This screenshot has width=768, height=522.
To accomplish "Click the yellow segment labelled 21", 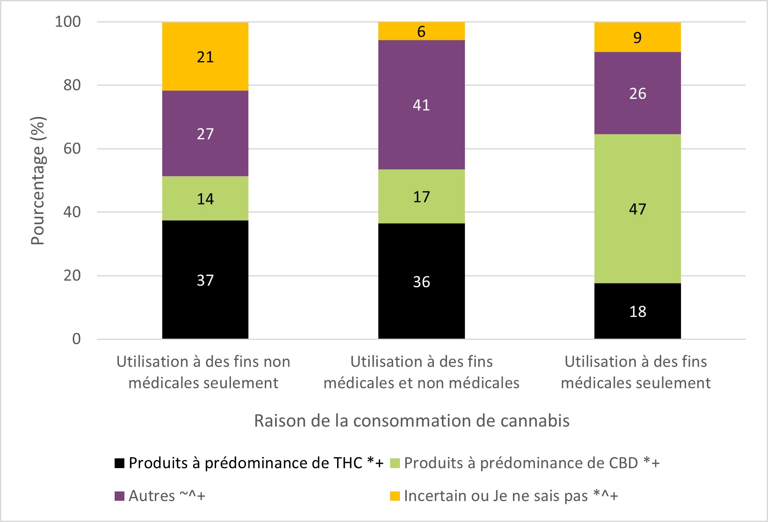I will (x=205, y=56).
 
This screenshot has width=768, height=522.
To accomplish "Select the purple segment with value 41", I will (x=421, y=105).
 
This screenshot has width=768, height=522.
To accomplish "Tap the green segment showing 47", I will (x=637, y=209).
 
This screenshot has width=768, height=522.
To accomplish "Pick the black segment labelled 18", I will (x=637, y=311).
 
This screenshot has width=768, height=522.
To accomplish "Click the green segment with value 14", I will (x=205, y=199).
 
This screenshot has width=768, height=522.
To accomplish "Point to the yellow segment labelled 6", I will (x=421, y=31).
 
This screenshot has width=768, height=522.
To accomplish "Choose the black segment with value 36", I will (x=421, y=281).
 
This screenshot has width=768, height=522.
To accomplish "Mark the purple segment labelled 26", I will (x=637, y=93).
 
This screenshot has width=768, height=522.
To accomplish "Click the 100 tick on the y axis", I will (x=68, y=22).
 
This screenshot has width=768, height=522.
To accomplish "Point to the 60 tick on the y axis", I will (x=72, y=149).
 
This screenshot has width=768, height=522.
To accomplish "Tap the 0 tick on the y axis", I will (x=76, y=339).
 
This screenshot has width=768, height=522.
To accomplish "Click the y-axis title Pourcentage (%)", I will (x=38, y=181).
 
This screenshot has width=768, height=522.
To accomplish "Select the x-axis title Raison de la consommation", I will (x=411, y=421).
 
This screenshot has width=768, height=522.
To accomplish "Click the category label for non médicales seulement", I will (x=203, y=372).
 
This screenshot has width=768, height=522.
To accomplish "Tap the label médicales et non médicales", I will (x=421, y=372).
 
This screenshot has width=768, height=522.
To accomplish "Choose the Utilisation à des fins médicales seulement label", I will (x=636, y=372).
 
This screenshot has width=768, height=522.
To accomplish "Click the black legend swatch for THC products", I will (x=120, y=463).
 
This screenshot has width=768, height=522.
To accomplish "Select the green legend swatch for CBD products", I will (x=395, y=463).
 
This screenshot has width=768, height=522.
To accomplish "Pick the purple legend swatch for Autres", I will (x=120, y=496).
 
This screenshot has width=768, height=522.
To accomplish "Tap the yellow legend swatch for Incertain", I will (x=395, y=496).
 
